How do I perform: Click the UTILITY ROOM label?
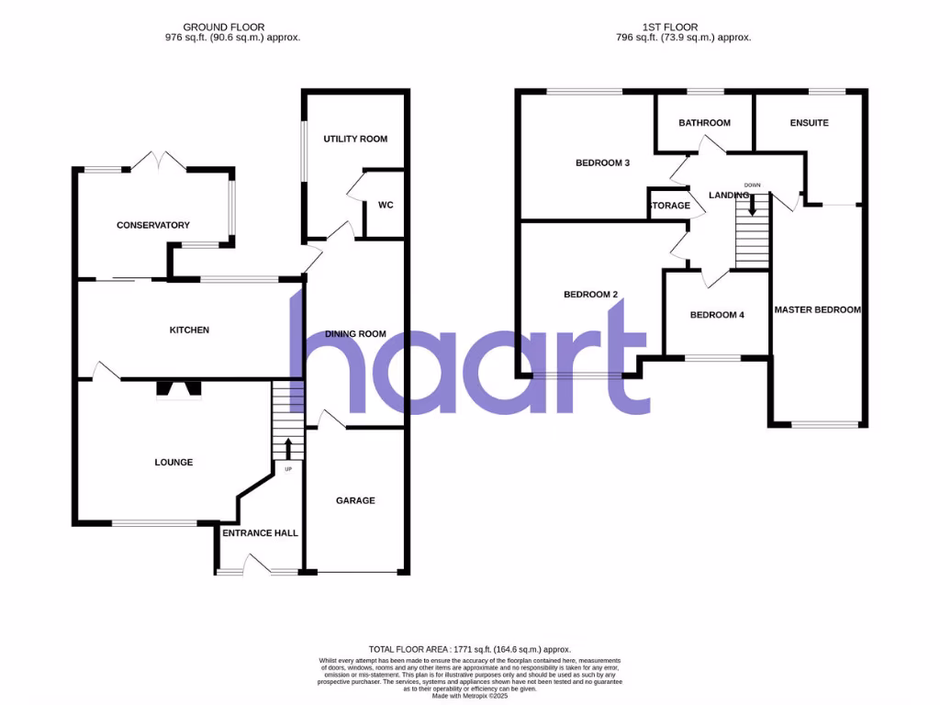click(x=355, y=139)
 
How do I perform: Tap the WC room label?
click(x=386, y=205)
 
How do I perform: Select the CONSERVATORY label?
click(x=152, y=225)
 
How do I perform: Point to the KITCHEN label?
click(x=189, y=330)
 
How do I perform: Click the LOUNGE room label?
click(x=173, y=462)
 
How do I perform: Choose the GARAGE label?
click(x=355, y=500)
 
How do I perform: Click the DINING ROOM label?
click(x=355, y=334)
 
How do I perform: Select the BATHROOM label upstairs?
click(x=704, y=123)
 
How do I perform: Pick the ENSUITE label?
click(x=809, y=123)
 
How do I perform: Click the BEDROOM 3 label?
click(x=602, y=163)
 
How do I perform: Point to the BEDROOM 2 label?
click(x=590, y=295)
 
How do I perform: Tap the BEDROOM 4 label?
click(x=717, y=315)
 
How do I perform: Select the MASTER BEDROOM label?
click(x=817, y=310)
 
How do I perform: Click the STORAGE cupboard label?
click(x=669, y=206)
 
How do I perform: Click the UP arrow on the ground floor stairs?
click(x=288, y=448)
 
